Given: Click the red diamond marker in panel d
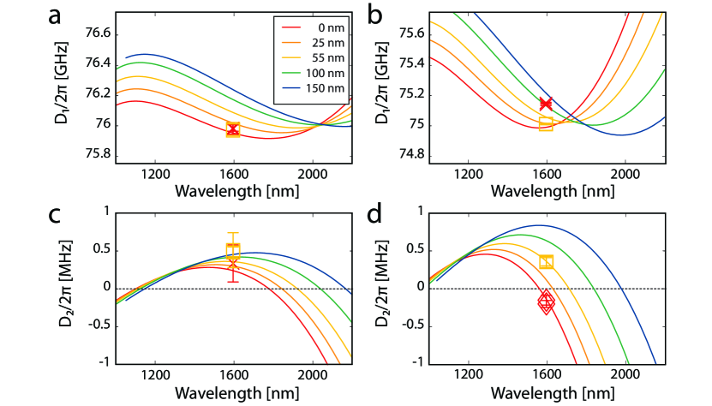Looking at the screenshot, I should tap(546, 302).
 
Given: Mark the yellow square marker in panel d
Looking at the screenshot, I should tap(546, 261).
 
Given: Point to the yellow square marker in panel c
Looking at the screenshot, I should tap(233, 250).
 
